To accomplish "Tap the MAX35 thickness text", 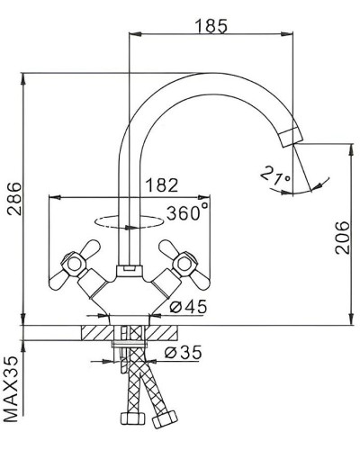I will coord(12,391).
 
